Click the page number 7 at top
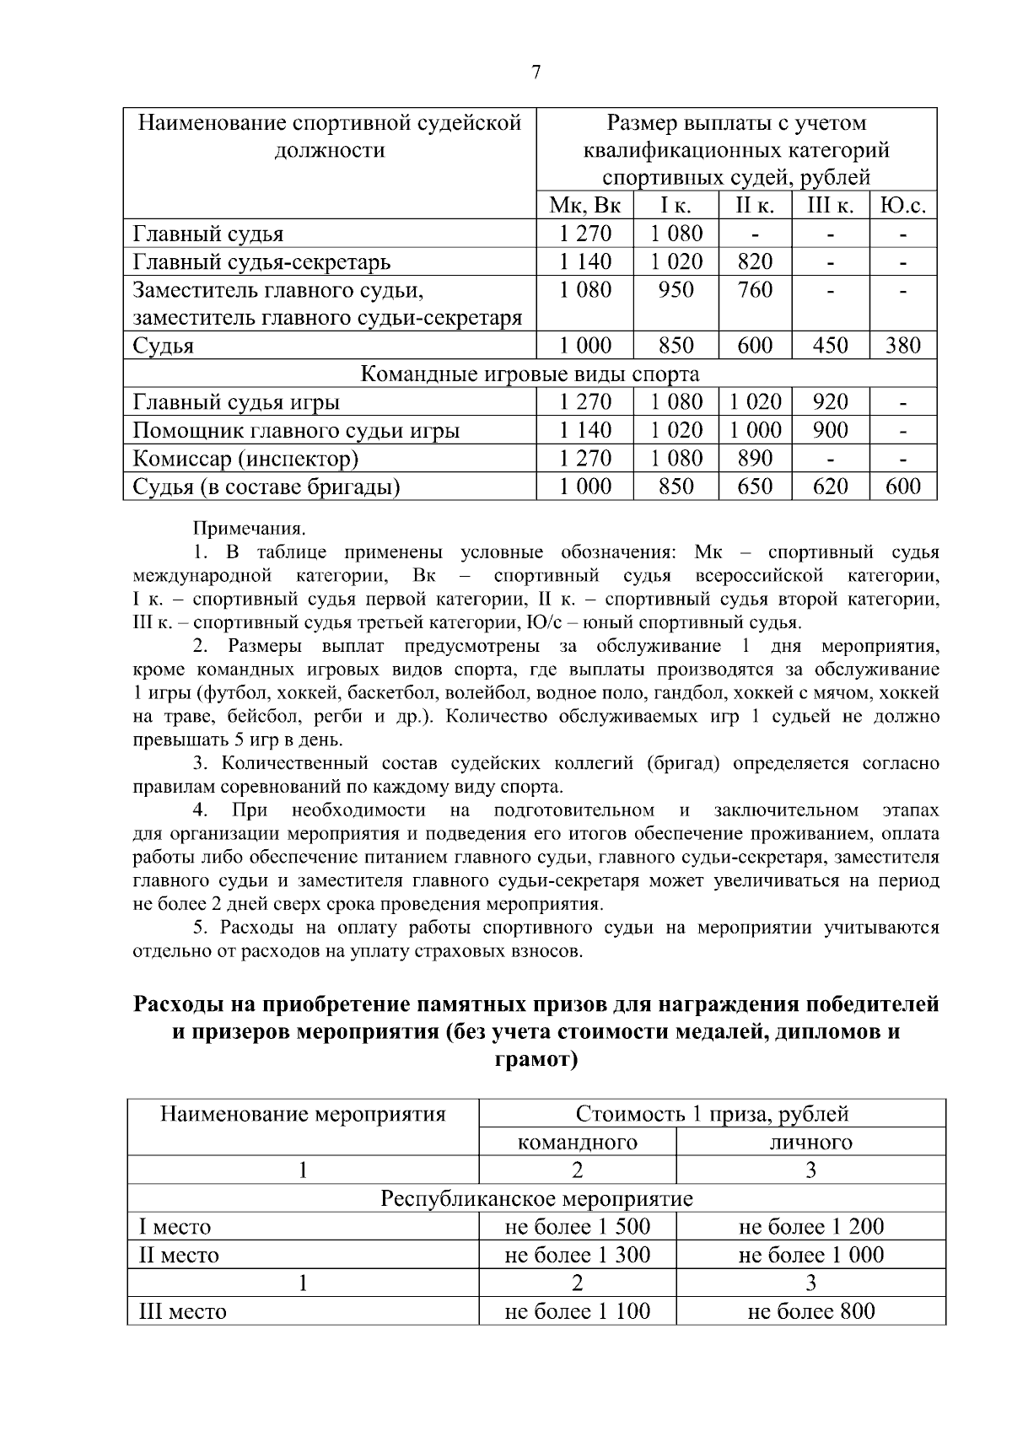[x=536, y=73]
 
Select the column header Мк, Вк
[x=584, y=206]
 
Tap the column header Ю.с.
[x=902, y=206]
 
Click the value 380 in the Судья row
[x=902, y=346]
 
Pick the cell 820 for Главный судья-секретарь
[x=754, y=261]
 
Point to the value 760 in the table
[x=754, y=290]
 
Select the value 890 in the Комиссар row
[x=754, y=458]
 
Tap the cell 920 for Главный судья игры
[x=830, y=401]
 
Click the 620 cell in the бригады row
[x=830, y=487]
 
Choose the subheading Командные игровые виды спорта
[x=530, y=374]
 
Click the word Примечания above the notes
[x=250, y=530]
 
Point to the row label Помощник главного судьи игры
[x=297, y=431]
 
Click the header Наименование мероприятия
[x=303, y=1114]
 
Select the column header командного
[x=577, y=1143]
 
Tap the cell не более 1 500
[x=577, y=1227]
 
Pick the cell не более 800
[x=810, y=1311]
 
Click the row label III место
[x=183, y=1312]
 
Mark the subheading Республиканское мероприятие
[x=536, y=1198]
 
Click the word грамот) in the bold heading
[x=536, y=1059]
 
